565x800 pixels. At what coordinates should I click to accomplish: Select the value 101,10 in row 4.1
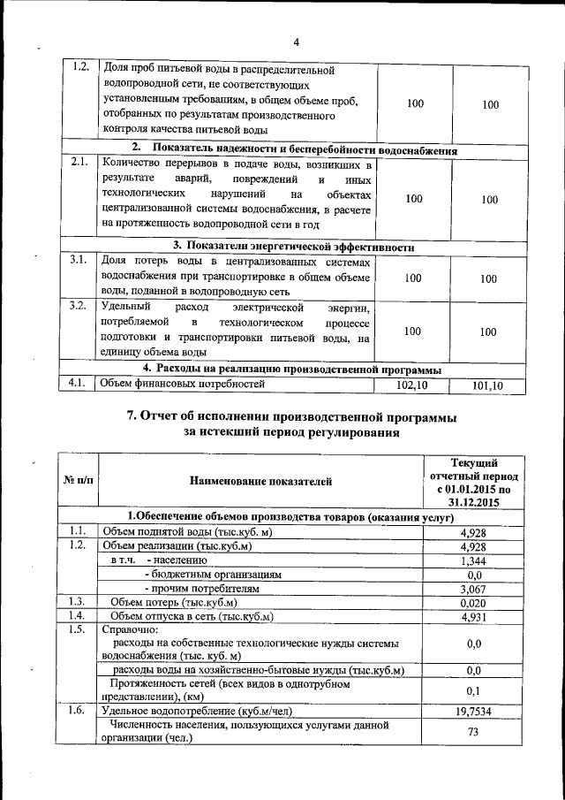tap(487, 385)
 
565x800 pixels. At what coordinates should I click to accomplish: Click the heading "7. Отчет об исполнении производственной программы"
tap(292, 416)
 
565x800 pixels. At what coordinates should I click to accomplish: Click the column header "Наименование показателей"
tap(260, 482)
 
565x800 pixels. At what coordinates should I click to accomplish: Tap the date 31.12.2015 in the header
tap(474, 502)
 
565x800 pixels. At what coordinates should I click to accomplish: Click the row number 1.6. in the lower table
tap(78, 710)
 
